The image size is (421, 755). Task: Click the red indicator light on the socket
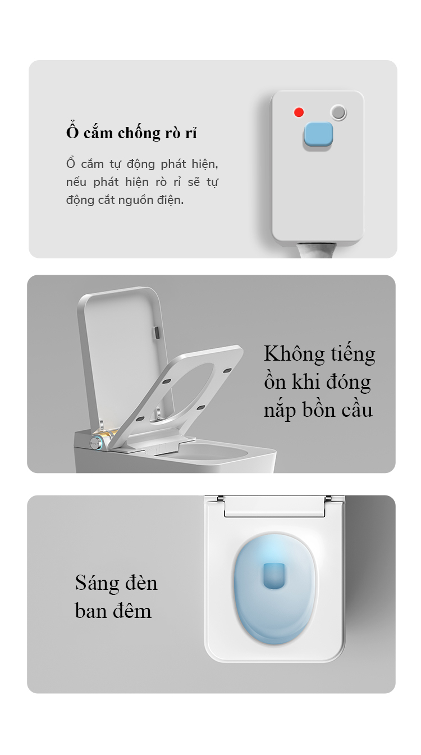pyautogui.click(x=299, y=112)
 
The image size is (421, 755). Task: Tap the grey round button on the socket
pyautogui.click(x=338, y=112)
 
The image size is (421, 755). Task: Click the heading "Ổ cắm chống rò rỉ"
pyautogui.click(x=131, y=132)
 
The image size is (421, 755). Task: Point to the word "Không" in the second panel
pyautogui.click(x=294, y=354)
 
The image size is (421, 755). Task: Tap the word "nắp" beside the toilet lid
pyautogui.click(x=279, y=411)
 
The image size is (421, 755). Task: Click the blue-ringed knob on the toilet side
pyautogui.click(x=97, y=443)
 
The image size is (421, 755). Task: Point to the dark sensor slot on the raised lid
pyautogui.click(x=157, y=333)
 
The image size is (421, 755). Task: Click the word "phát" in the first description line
pyautogui.click(x=173, y=164)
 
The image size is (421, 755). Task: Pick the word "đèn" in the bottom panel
pyautogui.click(x=141, y=583)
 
